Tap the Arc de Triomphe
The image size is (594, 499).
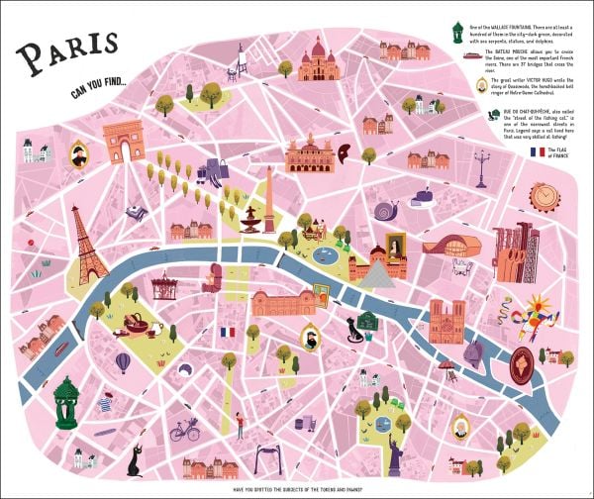124,142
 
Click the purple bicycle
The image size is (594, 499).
184,432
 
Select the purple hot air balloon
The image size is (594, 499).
122,363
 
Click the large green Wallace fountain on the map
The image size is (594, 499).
65,402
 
